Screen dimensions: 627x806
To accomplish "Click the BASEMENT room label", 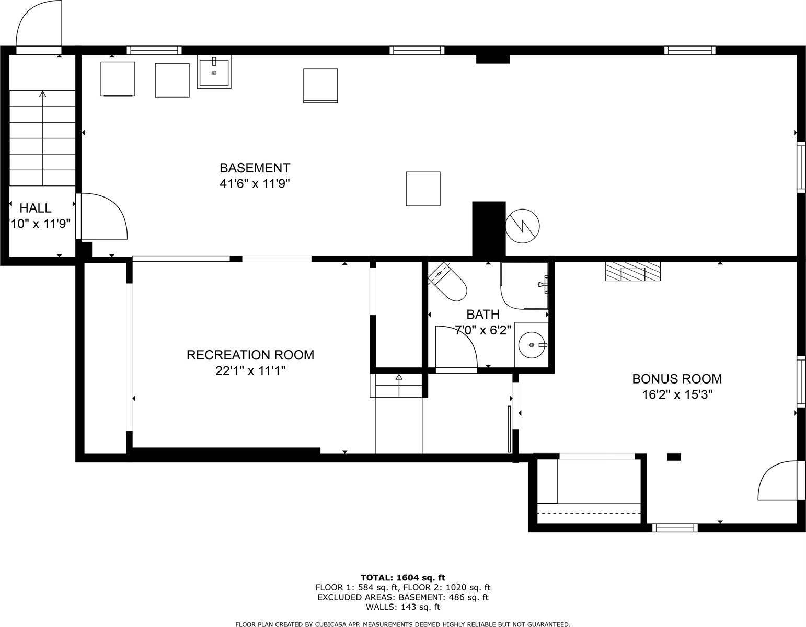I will pos(255,168).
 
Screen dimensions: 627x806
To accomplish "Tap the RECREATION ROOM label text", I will pos(250,355).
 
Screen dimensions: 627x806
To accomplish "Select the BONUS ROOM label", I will pos(677,379).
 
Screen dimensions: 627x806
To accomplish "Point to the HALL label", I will pos(36,208).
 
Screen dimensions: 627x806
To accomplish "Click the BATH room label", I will pos(483,315).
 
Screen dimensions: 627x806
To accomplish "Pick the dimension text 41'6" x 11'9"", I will pos(255,184).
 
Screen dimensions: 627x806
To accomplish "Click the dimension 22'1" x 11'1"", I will pos(250,371).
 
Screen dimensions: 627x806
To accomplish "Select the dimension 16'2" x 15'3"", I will pos(677,394).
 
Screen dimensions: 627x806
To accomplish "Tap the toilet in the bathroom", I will pos(448,283).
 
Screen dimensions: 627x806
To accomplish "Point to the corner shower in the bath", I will pos(524,285).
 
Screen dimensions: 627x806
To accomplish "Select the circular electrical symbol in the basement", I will pos(523,226).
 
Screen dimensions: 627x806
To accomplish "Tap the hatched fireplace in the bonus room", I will pos(632,272).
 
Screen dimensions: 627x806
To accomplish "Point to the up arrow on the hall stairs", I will pos(42,95).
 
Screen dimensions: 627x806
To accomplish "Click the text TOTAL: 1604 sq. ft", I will pos(402,577).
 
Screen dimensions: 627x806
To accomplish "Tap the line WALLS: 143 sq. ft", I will pos(402,607).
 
